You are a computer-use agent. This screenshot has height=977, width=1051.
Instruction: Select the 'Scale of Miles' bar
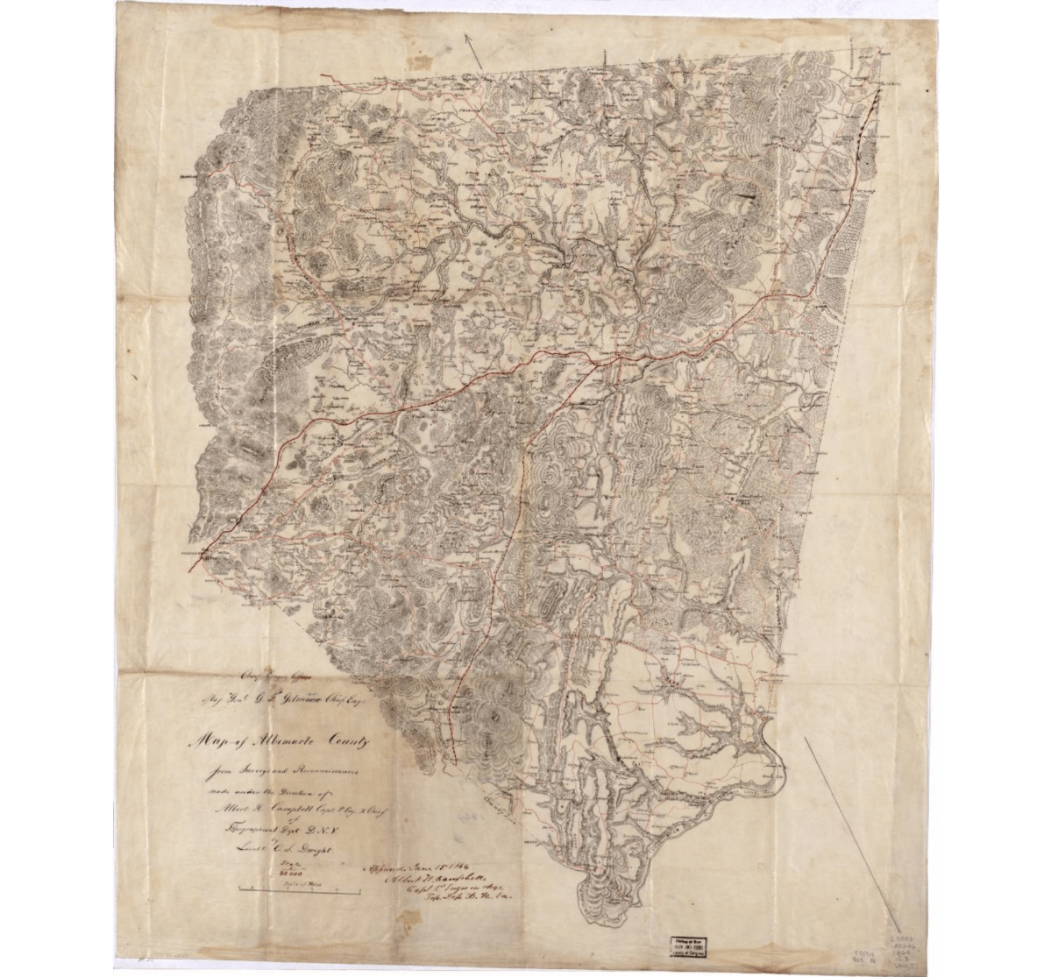click(303, 891)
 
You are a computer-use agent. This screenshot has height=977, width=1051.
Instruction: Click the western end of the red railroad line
click(190, 569)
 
